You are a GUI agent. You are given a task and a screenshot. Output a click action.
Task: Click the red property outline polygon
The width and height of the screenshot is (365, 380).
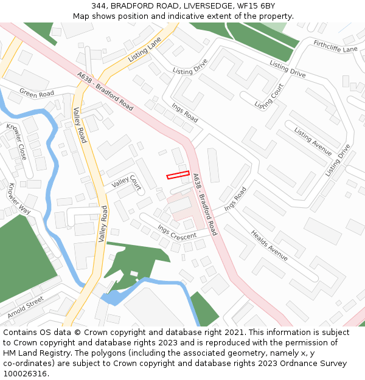(x=178, y=175)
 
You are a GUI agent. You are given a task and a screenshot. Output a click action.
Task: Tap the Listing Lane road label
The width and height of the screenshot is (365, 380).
(x=145, y=50)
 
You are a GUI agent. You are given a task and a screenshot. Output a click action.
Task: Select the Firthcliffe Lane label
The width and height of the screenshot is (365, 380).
(x=335, y=47)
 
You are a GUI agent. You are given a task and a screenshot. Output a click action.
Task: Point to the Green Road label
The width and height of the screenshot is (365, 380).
(x=36, y=94)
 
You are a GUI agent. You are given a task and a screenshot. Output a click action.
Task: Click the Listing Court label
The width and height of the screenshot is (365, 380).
(x=269, y=97)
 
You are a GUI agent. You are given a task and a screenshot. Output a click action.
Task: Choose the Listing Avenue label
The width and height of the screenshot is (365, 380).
(x=313, y=142)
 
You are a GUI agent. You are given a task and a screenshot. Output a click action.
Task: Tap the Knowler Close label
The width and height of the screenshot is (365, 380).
(x=16, y=142)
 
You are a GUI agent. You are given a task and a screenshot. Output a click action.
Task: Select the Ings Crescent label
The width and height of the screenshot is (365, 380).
(x=177, y=232)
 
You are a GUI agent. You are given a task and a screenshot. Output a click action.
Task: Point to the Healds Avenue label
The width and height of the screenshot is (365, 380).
(x=269, y=245)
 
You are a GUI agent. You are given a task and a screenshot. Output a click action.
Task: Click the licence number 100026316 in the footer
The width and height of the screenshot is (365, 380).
(x=26, y=374)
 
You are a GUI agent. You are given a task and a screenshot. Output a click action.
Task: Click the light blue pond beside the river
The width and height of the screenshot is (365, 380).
(x=113, y=298)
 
